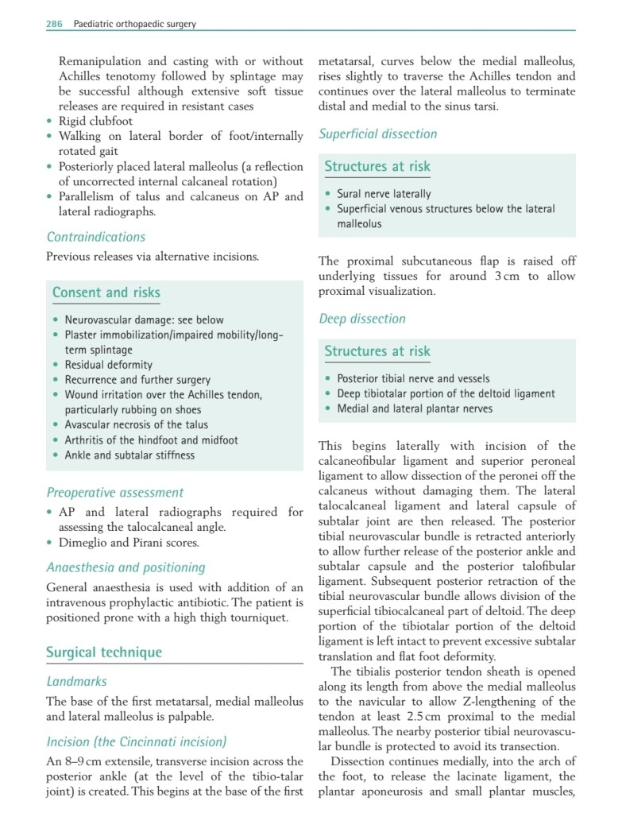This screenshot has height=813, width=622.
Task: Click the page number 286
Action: (x=54, y=24)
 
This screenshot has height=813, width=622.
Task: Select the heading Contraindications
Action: (x=96, y=237)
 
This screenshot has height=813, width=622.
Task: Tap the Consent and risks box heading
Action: (x=106, y=292)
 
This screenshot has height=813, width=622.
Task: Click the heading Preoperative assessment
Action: (x=115, y=493)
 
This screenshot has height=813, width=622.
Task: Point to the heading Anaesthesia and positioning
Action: (x=126, y=567)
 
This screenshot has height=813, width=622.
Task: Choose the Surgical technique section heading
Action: (x=104, y=652)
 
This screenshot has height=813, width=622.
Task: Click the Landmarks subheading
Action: (x=77, y=681)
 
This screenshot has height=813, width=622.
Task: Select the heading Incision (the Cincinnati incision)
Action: (x=137, y=742)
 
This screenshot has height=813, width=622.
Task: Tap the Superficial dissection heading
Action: (x=378, y=134)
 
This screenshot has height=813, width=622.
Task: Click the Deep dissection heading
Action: (x=362, y=319)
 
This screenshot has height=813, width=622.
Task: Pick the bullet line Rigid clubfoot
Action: (x=96, y=122)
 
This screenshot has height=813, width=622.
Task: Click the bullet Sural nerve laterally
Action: (x=384, y=194)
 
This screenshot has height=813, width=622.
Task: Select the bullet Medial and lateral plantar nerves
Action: (x=415, y=409)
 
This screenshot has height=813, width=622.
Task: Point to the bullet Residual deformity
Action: (x=109, y=365)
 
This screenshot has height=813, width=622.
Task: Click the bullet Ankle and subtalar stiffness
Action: (x=129, y=455)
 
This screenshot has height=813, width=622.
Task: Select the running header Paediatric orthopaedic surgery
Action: (x=134, y=24)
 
